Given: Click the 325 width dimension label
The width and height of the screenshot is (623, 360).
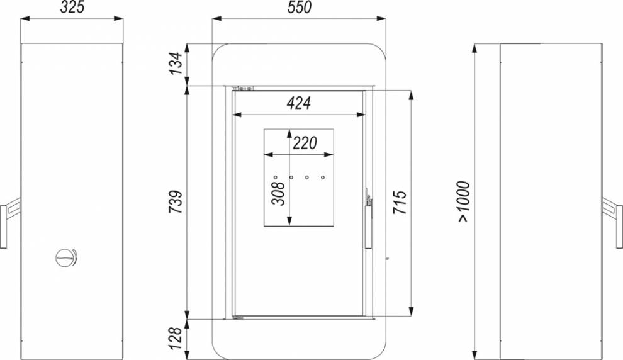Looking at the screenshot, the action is tap(72, 8).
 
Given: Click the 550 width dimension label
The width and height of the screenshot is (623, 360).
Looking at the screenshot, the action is tap(300, 8).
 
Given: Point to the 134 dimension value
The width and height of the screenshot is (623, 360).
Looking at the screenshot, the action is tap(176, 63).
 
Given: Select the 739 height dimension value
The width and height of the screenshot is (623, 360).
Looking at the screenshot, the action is tap(176, 202).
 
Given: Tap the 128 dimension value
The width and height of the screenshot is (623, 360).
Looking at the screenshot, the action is tap(176, 338).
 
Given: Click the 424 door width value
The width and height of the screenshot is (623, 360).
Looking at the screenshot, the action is tap(298, 103).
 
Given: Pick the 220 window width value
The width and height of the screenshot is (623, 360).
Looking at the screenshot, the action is tap(305, 143).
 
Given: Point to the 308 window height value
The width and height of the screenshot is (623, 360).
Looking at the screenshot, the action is tap(278, 193).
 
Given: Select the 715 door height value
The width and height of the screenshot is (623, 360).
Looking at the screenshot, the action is tap(400, 203).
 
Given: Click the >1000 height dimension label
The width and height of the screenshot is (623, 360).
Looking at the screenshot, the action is tap(464, 201).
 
